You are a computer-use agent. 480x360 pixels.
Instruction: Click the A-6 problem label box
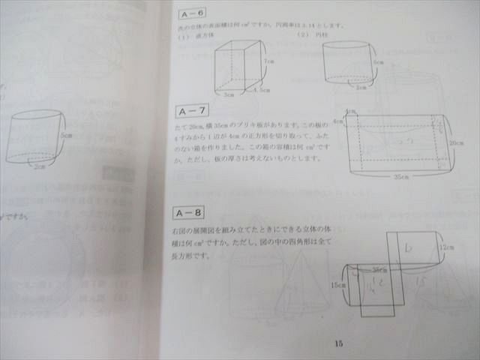point(193,13)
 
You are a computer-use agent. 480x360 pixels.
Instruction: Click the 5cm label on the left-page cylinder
point(67,135)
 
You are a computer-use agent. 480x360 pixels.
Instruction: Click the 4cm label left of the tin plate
point(337,121)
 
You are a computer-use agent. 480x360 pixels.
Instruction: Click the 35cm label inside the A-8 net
point(379,269)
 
